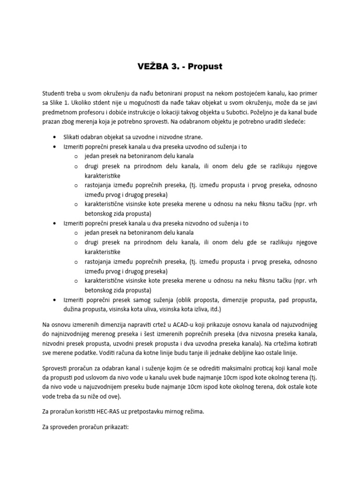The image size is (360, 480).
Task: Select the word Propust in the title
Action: click(x=205, y=67)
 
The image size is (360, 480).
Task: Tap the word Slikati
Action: click(x=74, y=137)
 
